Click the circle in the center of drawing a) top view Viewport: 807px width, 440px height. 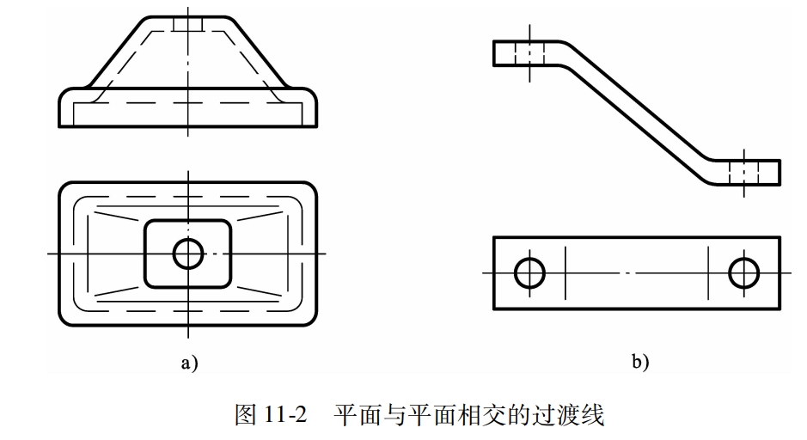(187, 254)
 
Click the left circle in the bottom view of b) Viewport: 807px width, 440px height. (529, 273)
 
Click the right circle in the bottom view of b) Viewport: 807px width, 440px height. (743, 273)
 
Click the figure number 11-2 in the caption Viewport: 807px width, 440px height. (286, 416)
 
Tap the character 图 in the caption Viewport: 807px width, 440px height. (247, 416)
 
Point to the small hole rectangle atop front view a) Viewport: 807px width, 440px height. (187, 23)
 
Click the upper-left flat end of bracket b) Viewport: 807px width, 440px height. (511, 52)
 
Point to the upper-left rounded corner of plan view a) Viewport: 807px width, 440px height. (67, 189)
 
